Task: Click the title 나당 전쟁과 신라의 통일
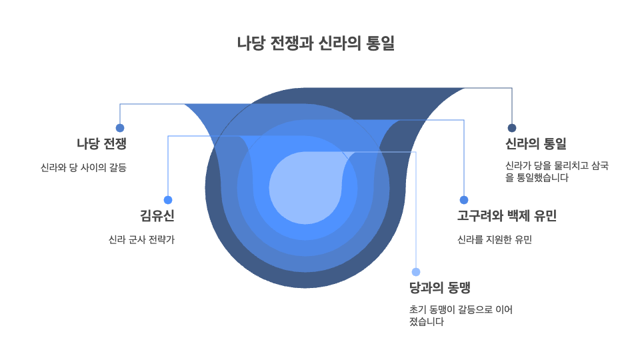point(316,43)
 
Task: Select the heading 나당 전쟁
point(101,144)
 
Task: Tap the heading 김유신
point(157,216)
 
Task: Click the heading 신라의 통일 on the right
point(536,144)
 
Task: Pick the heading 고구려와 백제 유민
point(507,216)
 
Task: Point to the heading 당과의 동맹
point(440,288)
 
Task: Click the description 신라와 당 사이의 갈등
point(83,167)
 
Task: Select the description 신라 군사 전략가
point(141,239)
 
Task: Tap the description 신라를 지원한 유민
point(494,239)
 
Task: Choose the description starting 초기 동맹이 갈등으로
point(461,316)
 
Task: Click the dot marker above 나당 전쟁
point(120,128)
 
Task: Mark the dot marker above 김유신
point(168,200)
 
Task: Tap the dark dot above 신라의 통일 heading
point(512,128)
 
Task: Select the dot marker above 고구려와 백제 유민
point(464,200)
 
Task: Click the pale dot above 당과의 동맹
point(416,272)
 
